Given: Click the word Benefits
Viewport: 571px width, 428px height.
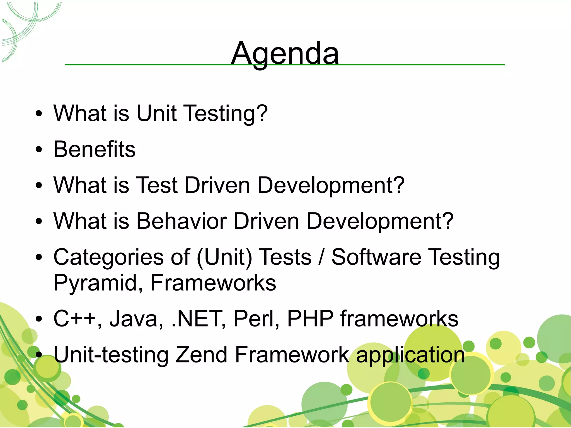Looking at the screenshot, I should click(x=94, y=149).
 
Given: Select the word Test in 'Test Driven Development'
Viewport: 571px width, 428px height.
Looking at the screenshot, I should click(x=158, y=185).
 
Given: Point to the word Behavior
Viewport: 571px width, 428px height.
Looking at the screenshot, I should click(x=182, y=221).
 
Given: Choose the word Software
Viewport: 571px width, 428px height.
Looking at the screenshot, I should click(x=376, y=257).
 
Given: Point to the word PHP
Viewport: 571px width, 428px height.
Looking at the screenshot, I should click(x=310, y=319).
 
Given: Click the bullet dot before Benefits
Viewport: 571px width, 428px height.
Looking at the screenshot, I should click(x=39, y=150).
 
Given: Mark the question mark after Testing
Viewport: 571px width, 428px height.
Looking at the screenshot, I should click(x=262, y=113).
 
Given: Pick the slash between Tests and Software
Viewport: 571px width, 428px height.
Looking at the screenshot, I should click(x=321, y=257).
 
